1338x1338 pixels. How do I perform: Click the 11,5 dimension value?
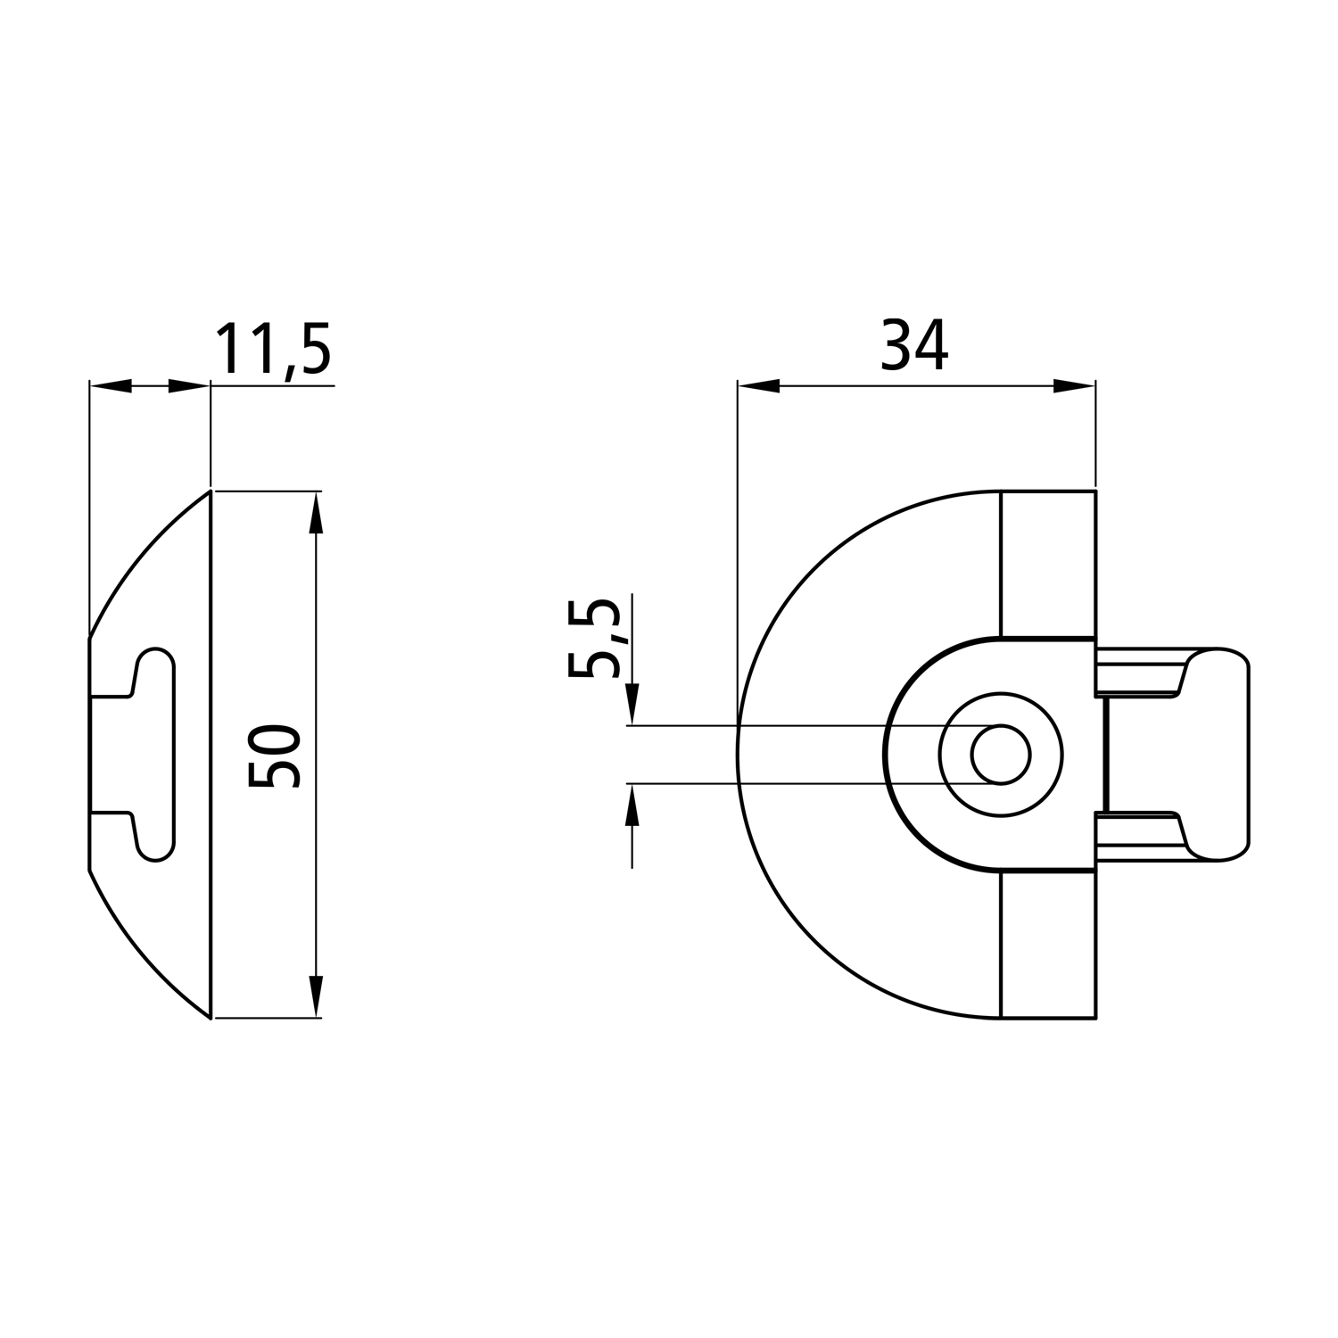[273, 351]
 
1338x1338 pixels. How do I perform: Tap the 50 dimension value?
[274, 756]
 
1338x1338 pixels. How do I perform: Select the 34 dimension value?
[914, 345]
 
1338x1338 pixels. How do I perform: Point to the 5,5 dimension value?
[594, 638]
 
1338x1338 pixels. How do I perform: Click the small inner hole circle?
[1001, 755]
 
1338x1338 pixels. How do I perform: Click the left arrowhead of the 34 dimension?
[759, 386]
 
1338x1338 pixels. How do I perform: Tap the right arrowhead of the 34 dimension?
[1074, 386]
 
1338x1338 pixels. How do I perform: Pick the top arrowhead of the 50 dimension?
[314, 512]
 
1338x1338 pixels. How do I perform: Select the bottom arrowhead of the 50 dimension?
[314, 996]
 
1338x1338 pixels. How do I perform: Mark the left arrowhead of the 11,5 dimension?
[111, 386]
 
